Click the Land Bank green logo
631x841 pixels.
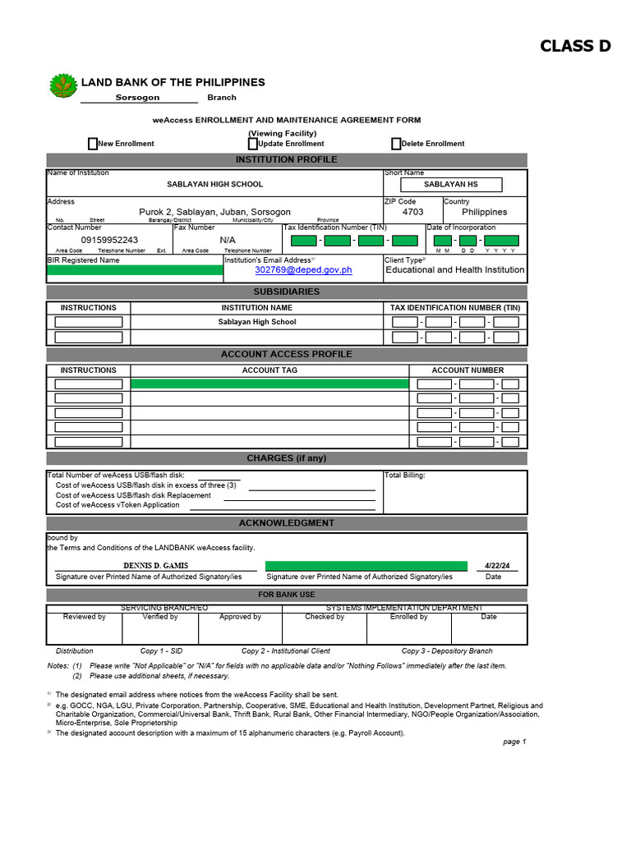click(62, 85)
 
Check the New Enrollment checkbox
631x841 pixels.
click(93, 144)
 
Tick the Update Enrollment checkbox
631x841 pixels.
click(253, 144)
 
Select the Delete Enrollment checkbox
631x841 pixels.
click(396, 144)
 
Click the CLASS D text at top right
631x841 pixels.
click(575, 46)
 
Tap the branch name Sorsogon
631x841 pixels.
click(138, 97)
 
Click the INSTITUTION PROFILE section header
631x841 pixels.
click(286, 159)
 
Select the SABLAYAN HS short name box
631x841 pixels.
click(450, 185)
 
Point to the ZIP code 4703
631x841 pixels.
click(412, 212)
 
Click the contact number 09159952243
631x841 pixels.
click(109, 240)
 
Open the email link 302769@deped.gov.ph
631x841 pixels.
click(303, 269)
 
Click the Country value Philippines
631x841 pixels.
click(484, 212)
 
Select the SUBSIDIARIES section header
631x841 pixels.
click(286, 292)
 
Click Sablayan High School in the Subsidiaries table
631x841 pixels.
click(257, 322)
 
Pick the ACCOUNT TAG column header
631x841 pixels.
click(269, 370)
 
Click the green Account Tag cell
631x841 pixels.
click(269, 384)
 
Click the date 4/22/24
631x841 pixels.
click(497, 566)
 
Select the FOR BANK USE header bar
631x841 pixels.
click(286, 595)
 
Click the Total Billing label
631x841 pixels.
click(405, 475)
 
